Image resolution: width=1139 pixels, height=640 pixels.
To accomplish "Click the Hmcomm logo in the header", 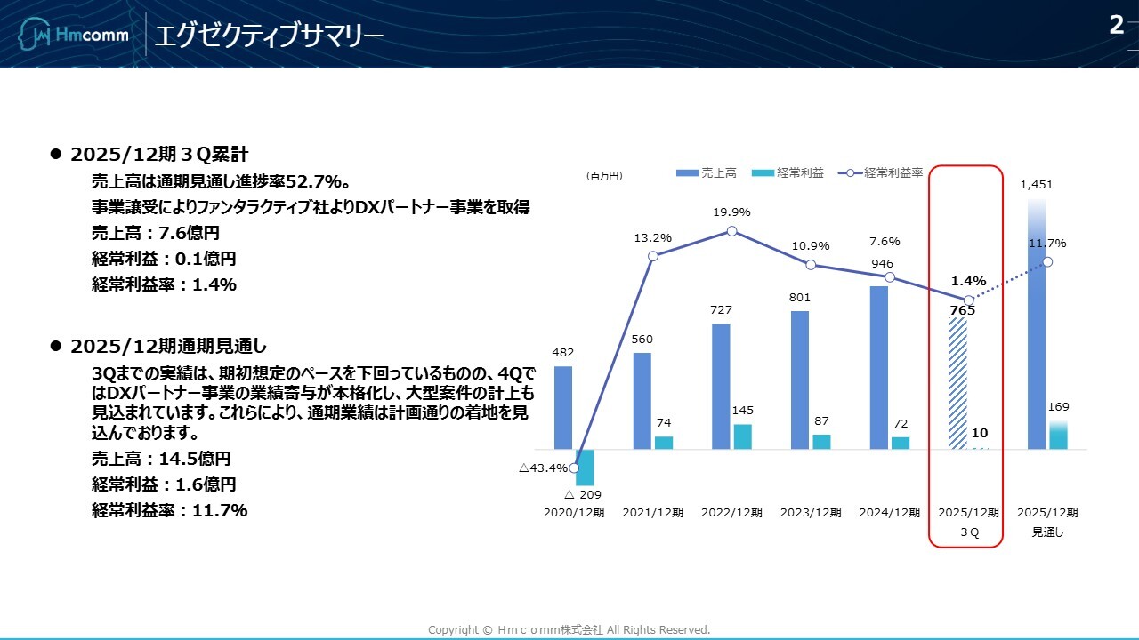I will click(74, 36).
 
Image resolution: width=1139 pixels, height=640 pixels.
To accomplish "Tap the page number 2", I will click(1116, 26).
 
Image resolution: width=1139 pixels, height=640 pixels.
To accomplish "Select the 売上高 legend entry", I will click(707, 173).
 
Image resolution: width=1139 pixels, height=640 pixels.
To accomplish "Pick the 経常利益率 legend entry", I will click(881, 173).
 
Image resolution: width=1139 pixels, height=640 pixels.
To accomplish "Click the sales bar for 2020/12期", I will click(563, 407).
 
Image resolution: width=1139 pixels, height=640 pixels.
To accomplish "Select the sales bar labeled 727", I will click(721, 386).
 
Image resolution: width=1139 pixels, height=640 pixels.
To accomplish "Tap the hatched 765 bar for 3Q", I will click(957, 383).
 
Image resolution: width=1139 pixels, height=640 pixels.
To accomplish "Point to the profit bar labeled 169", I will click(1058, 436).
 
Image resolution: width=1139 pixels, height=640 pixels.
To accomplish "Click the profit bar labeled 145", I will click(742, 436).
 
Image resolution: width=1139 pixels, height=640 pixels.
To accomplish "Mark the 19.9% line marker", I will click(731, 230).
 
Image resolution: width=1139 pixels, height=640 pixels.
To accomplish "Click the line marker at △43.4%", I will click(574, 468).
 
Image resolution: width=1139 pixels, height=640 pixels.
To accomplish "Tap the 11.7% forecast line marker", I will click(1047, 261).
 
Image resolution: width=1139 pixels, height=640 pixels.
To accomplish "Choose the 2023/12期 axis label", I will click(811, 513).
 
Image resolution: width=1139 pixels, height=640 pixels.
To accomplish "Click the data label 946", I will click(883, 264).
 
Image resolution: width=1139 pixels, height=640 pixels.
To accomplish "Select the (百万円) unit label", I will click(605, 176).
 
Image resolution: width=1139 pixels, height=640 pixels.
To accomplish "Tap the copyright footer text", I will click(569, 630).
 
